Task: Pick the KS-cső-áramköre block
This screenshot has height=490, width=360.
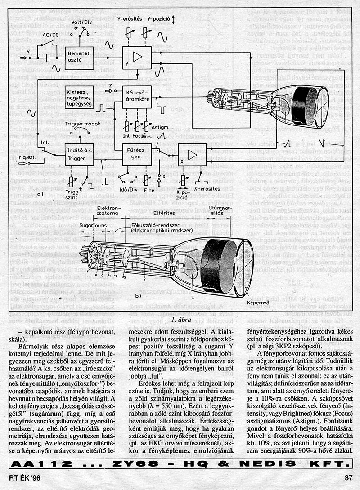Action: [x=137, y=97]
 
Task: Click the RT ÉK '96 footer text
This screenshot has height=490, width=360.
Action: [x=23, y=478]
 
